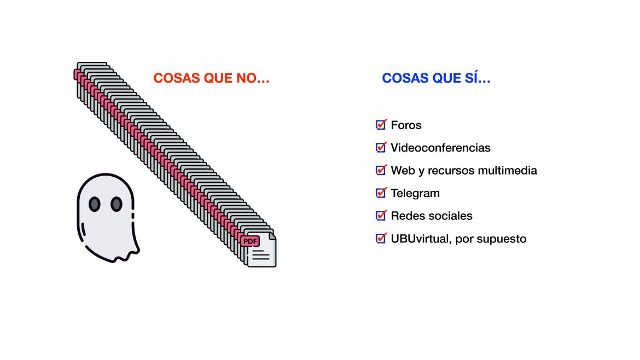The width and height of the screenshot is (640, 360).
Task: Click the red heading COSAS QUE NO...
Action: (x=212, y=78)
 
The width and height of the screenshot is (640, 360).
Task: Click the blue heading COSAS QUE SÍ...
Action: (x=436, y=78)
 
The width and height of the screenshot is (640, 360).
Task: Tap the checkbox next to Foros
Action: (x=381, y=125)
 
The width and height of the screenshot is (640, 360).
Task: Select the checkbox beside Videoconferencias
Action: (x=381, y=147)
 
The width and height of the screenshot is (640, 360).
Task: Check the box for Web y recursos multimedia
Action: (x=381, y=170)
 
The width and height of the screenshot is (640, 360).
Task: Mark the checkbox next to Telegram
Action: (x=381, y=192)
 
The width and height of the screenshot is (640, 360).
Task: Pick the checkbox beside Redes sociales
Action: (x=381, y=215)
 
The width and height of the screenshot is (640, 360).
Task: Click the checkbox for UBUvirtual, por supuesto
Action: (x=381, y=238)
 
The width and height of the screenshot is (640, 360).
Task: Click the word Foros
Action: (x=406, y=125)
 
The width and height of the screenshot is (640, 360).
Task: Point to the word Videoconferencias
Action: (x=441, y=147)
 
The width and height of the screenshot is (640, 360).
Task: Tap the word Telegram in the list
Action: (x=416, y=193)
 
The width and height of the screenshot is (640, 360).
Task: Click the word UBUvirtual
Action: (x=421, y=239)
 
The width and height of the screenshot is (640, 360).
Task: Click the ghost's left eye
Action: (x=94, y=204)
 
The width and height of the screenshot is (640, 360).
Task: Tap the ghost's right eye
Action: (x=117, y=204)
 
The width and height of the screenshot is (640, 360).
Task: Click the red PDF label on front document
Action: (x=250, y=241)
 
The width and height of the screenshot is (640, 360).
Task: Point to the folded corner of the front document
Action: (x=272, y=236)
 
